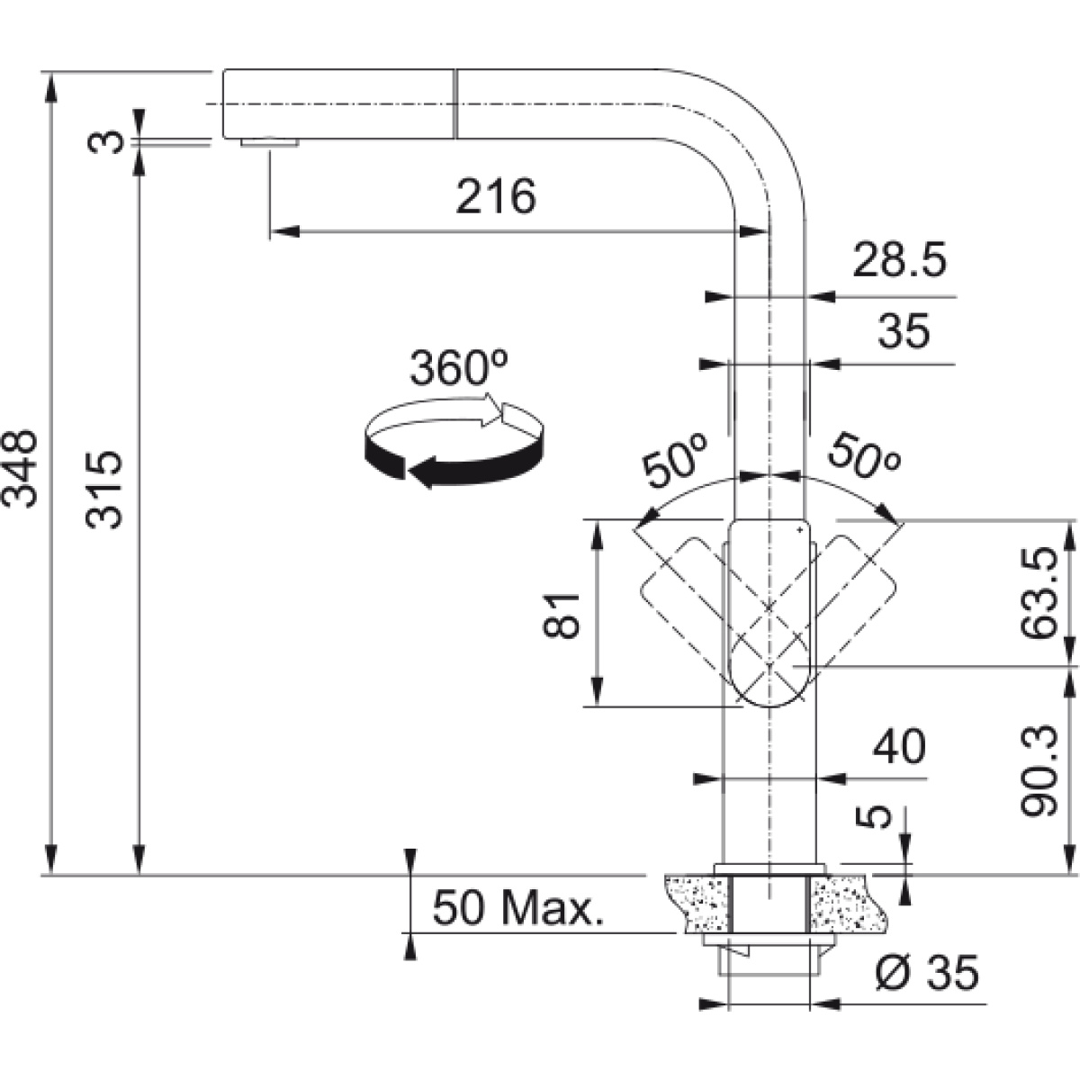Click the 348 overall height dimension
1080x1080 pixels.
20,470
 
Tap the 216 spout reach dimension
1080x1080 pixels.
496,197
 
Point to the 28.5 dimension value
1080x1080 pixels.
899,260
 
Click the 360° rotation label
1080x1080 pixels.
459,368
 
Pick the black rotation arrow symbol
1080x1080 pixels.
454,440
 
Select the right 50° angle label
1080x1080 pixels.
864,458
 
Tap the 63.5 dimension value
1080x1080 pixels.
1039,594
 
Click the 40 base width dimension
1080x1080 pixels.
899,746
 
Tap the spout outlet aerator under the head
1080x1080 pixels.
270,143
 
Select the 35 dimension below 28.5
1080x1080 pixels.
904,330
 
